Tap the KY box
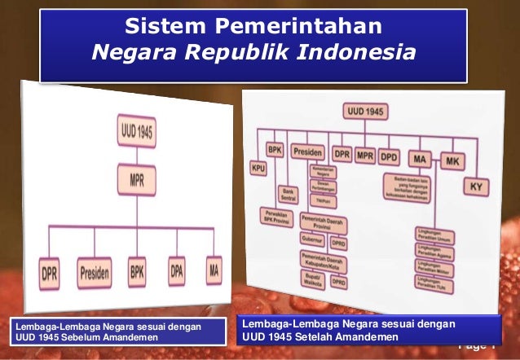tap(476, 187)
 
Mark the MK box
tap(452, 160)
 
